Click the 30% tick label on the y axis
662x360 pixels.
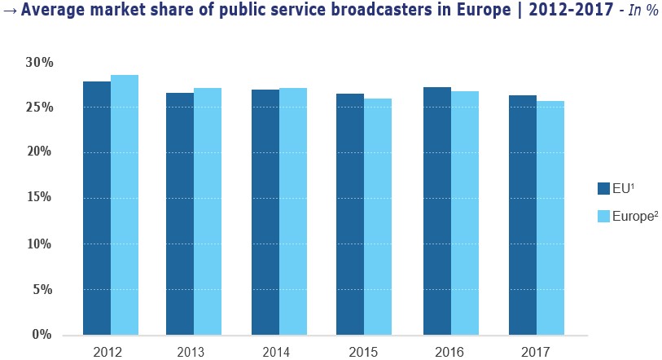(x=39, y=62)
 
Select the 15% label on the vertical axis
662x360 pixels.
(x=39, y=198)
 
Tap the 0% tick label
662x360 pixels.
(x=42, y=334)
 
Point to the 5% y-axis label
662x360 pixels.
(x=42, y=289)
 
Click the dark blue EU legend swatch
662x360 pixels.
(x=603, y=189)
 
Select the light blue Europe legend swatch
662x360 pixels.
(x=603, y=216)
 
